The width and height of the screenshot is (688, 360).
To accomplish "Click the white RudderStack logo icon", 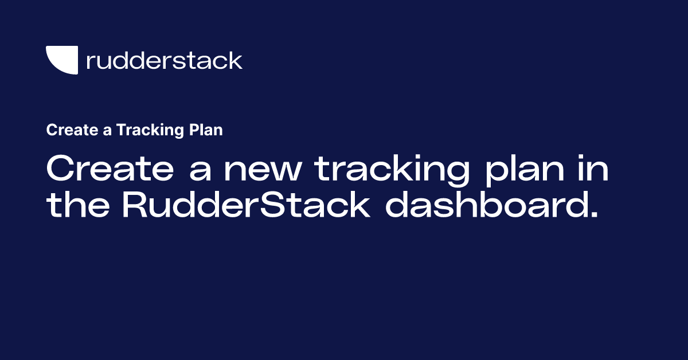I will (61, 60).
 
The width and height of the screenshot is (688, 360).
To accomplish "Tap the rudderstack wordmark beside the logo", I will (164, 60).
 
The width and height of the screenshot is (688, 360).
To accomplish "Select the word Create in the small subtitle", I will (65, 130).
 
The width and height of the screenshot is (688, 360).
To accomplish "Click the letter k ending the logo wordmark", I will (236, 60).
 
